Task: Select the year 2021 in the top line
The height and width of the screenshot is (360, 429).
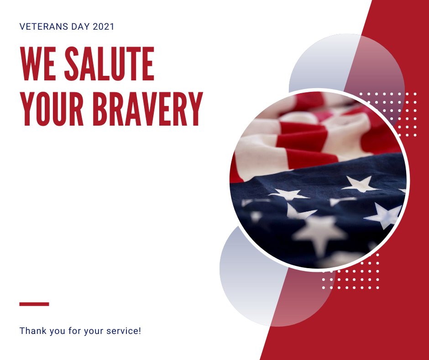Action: pyautogui.click(x=103, y=26)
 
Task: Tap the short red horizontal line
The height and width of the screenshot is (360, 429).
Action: pyautogui.click(x=34, y=304)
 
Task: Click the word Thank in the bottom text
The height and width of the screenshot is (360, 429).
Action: pyautogui.click(x=32, y=330)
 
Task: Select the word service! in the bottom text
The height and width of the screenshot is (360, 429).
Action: pyautogui.click(x=123, y=330)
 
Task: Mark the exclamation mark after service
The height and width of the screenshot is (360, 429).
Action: pyautogui.click(x=140, y=330)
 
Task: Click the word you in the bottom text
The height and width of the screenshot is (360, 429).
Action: pyautogui.click(x=55, y=330)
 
